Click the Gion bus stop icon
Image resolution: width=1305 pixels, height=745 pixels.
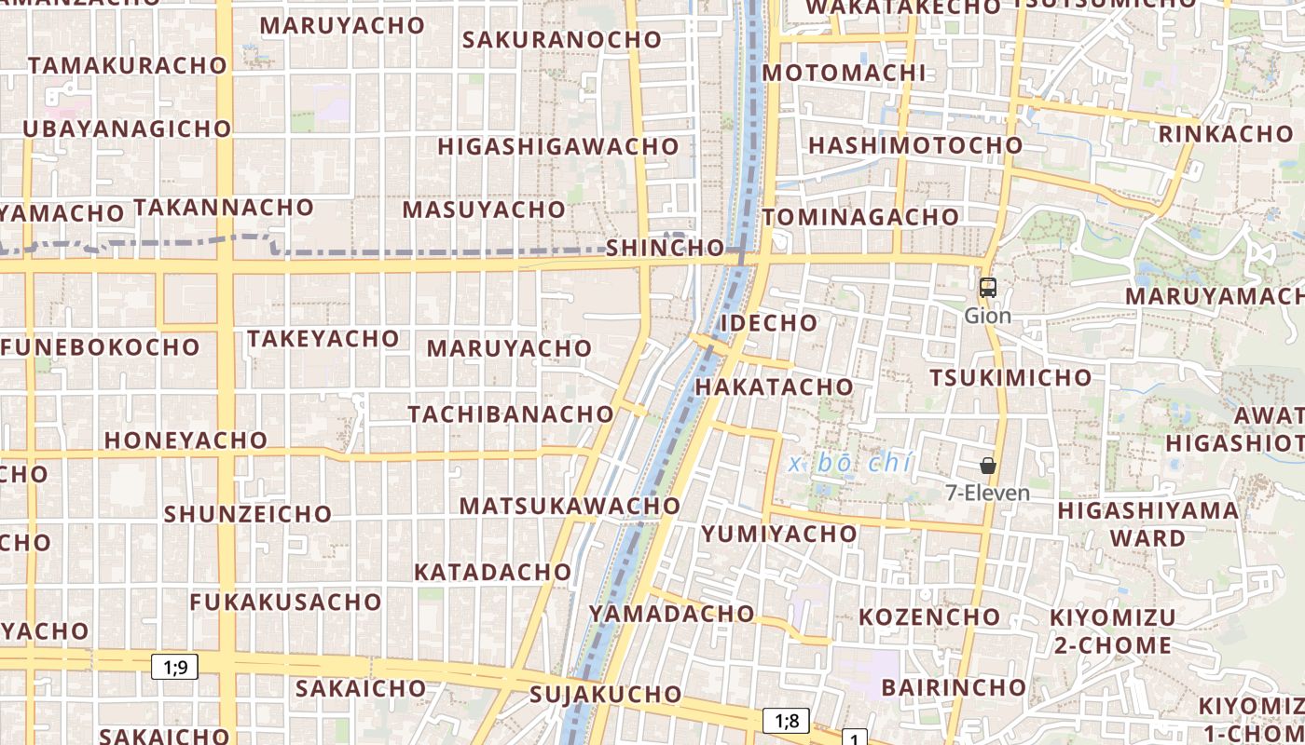coord(987,288)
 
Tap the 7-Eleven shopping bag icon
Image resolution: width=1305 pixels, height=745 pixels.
coord(987,466)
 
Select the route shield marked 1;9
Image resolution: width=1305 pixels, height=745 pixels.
coord(175,666)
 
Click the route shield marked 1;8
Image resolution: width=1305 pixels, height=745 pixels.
coord(786,720)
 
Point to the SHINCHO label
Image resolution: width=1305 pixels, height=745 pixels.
coord(665,248)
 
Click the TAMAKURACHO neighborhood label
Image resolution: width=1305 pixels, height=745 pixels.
coord(128,65)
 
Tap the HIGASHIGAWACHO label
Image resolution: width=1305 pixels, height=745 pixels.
coord(557,146)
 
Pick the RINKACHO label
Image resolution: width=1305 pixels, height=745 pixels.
coord(1226,133)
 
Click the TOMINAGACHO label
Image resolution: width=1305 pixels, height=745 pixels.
coord(860,217)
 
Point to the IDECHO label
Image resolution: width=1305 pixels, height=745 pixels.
coord(769,323)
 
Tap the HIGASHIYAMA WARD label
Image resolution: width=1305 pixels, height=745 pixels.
coord(1147,523)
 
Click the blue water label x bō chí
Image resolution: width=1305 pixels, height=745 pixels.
coord(849,463)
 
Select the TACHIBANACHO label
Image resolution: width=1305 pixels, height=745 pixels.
coord(511,413)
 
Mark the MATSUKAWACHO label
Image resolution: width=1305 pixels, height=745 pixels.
coord(570,506)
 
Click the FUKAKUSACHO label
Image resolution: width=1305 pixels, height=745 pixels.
coord(285,602)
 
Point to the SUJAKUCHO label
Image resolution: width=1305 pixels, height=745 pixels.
coord(605,694)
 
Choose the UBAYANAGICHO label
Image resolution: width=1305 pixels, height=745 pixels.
coord(126,129)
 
